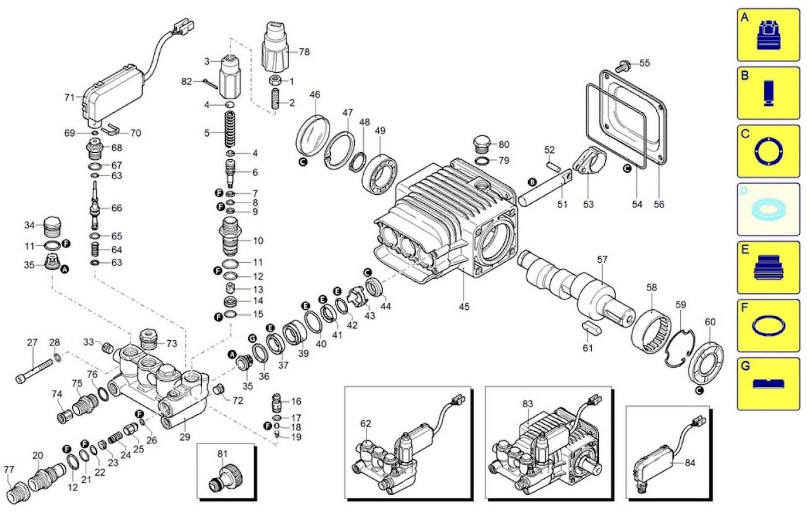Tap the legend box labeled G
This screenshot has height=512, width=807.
768,384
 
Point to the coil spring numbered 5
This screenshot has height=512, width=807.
230,129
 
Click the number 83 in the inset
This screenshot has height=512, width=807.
528,404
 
